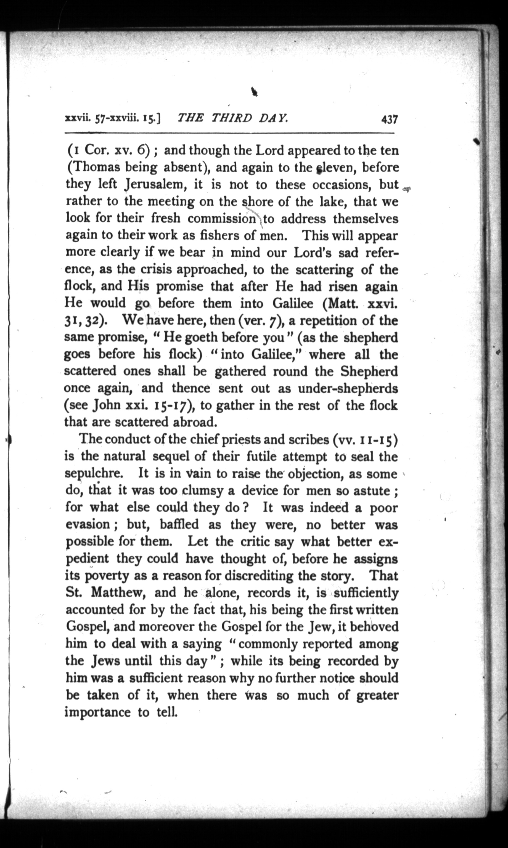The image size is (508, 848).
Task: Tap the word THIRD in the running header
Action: click(x=232, y=118)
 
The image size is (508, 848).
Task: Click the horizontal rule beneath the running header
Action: click(x=229, y=133)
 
